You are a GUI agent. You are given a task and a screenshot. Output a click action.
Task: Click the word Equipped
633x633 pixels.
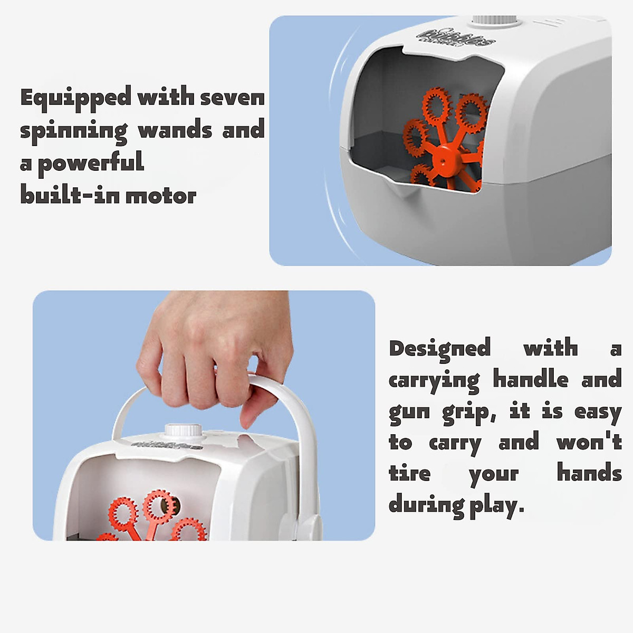75,99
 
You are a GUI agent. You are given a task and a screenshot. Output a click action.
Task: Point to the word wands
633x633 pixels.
175,130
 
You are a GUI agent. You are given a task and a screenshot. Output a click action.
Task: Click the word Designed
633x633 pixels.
439,349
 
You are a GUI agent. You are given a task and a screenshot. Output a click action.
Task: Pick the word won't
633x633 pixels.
589,442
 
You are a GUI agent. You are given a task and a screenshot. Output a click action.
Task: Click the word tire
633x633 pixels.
409,473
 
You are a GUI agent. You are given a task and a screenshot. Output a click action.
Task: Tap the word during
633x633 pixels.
426,505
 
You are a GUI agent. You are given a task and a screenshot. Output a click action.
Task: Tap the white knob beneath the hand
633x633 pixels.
184,430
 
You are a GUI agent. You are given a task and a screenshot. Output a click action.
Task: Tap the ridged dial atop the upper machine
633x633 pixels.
495,20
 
